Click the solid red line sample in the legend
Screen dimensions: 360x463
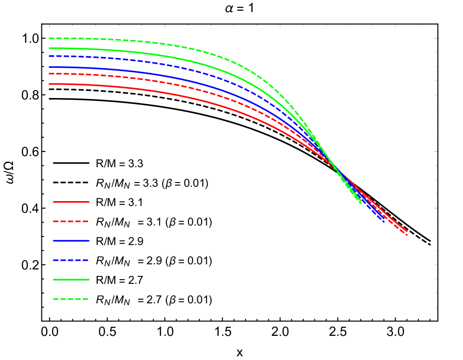(x=71, y=202)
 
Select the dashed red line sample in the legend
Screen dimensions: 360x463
(x=71, y=222)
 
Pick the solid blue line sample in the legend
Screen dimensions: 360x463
(x=71, y=241)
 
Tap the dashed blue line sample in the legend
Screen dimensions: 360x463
(x=71, y=260)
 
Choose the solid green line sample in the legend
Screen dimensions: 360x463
(x=71, y=280)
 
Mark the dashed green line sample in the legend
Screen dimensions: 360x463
(x=71, y=299)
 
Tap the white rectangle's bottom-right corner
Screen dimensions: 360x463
(x=436, y=51)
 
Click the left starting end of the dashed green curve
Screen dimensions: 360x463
(x=49, y=38)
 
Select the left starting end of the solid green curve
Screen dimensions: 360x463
(x=49, y=48)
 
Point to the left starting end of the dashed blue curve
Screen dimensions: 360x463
(x=49, y=56)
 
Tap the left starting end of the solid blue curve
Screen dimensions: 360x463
(x=49, y=67)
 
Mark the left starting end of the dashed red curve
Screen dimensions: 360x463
(x=49, y=73)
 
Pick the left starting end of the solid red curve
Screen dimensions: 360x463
(x=49, y=84)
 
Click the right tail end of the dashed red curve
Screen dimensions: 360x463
(x=407, y=235)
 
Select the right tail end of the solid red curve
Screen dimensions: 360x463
(x=407, y=231)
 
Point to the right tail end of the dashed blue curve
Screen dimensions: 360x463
(x=385, y=222)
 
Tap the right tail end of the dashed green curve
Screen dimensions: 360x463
(x=361, y=203)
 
